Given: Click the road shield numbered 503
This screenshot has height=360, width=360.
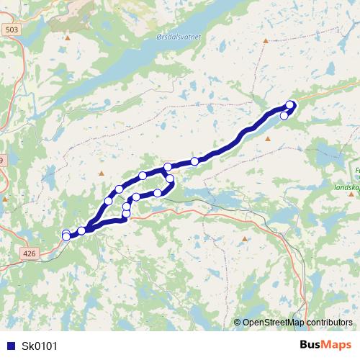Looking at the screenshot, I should coord(11,30).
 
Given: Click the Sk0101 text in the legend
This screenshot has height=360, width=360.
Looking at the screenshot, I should coord(40,345).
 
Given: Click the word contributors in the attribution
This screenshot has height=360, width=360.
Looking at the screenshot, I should coord(328,323).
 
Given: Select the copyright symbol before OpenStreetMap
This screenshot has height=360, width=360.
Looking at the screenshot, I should coord(237,323).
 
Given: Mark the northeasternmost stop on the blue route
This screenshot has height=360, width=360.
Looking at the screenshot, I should coord(290,104).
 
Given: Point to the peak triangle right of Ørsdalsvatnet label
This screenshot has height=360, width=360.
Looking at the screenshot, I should coord(265,41).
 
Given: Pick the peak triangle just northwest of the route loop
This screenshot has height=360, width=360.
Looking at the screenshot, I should coord(102,174).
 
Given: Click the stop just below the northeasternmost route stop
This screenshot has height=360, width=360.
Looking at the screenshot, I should coord(284,115).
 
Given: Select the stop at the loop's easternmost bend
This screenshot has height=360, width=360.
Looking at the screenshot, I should coord(171,179).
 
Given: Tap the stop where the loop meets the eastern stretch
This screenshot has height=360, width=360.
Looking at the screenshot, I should coord(168,167).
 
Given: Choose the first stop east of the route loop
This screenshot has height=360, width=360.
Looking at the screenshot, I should coord(194,161).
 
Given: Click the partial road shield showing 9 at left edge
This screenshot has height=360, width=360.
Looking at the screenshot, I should coord(2,160).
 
